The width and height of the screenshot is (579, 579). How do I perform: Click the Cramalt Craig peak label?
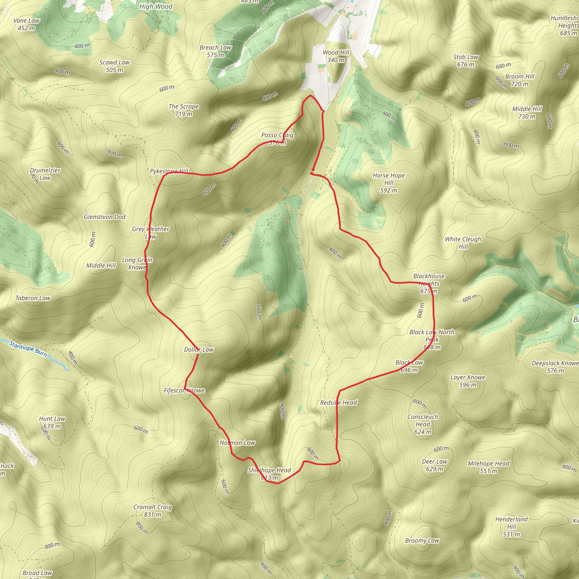click(x=153, y=511)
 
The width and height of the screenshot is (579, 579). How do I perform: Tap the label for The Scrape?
click(x=184, y=110)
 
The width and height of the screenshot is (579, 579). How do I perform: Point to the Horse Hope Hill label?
click(x=389, y=183)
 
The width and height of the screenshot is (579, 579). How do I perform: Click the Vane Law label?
click(x=26, y=24)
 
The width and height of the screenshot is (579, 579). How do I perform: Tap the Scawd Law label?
click(x=114, y=66)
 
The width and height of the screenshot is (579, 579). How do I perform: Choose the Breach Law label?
click(x=215, y=51)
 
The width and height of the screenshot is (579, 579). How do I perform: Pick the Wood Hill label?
click(x=336, y=56)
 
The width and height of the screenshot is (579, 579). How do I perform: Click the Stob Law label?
click(x=466, y=61)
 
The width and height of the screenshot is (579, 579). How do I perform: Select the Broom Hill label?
click(x=520, y=80)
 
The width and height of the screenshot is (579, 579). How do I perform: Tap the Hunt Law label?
click(x=52, y=422)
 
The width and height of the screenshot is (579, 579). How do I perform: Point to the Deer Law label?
click(x=435, y=465)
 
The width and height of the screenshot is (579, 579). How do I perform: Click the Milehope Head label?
click(x=489, y=467)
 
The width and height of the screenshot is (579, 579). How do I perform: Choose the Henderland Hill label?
click(x=511, y=526)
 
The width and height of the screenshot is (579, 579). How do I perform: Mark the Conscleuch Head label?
click(x=423, y=424)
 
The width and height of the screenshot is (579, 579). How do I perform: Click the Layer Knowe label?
click(x=468, y=381)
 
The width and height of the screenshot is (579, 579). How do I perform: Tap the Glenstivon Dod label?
click(x=105, y=217)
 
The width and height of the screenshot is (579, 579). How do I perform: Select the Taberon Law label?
click(x=33, y=298)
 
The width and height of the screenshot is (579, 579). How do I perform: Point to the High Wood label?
click(x=156, y=7)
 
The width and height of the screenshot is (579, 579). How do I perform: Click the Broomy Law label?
click(x=422, y=541)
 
